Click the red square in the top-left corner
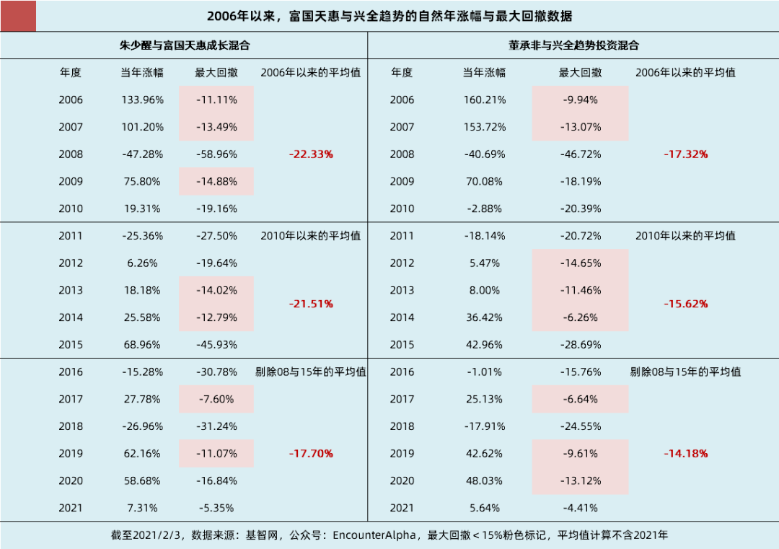(18, 16)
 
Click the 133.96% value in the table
(142, 100)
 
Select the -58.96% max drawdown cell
(216, 154)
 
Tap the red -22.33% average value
(311, 154)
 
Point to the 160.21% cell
(484, 100)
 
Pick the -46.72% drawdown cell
(581, 154)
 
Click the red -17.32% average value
(685, 154)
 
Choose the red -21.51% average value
(311, 304)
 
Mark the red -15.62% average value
(685, 304)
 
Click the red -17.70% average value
(311, 454)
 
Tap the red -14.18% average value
(685, 454)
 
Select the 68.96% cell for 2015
(142, 345)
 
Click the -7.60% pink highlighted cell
(216, 399)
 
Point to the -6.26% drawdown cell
(581, 317)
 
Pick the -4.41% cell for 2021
(581, 508)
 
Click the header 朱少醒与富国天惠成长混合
(184, 45)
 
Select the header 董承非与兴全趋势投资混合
(573, 45)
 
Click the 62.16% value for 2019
(142, 454)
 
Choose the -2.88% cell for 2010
(484, 208)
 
